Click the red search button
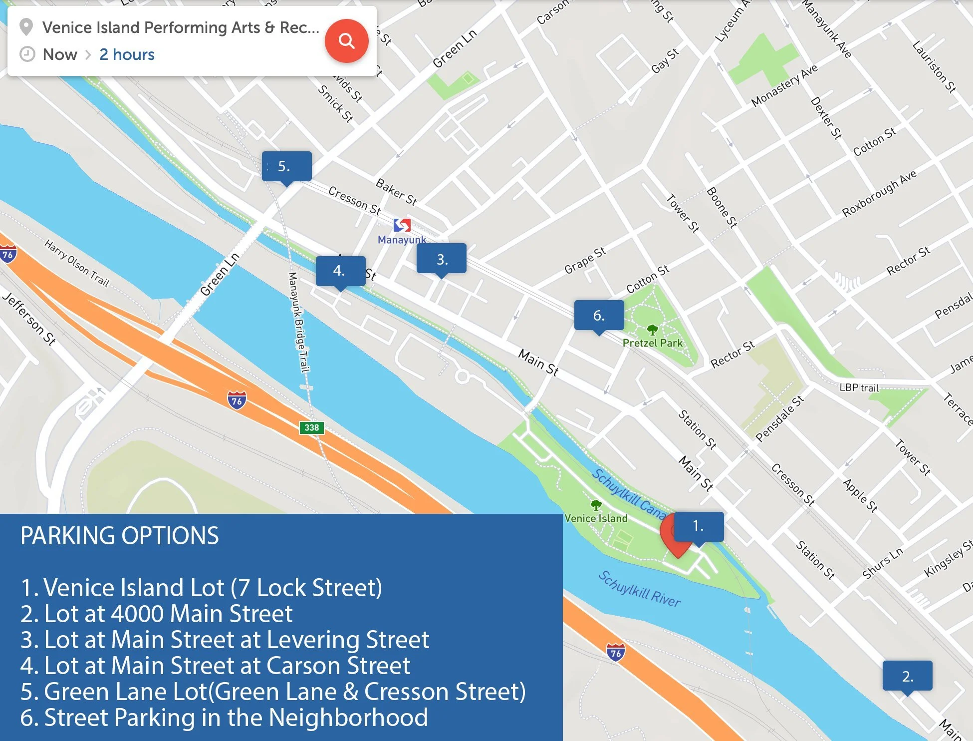point(346,40)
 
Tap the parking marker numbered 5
point(286,166)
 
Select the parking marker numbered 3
point(442,259)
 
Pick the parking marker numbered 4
point(340,271)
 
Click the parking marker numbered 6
point(599,315)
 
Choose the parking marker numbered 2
point(907,676)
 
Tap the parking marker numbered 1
point(698,526)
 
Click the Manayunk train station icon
point(402,225)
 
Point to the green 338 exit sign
point(311,427)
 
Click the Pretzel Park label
point(652,343)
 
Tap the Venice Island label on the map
point(596,518)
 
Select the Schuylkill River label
point(639,590)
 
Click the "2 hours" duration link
point(127,54)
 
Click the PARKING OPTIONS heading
point(119,536)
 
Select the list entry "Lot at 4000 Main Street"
point(156,614)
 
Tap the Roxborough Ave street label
point(879,193)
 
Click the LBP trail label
point(858,387)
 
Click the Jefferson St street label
point(29,319)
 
